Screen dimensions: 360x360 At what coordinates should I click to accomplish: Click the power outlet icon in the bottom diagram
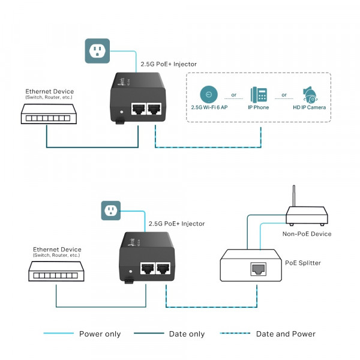[x=110, y=211]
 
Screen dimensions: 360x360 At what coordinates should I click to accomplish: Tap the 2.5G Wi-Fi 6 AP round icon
[x=208, y=94]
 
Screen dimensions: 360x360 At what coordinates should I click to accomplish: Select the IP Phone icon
[x=259, y=94]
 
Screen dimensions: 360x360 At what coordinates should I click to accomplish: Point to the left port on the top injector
[x=139, y=109]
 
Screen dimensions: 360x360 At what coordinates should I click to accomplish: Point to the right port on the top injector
[x=155, y=109]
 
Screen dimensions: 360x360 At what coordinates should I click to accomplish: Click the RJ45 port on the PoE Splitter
[x=258, y=269]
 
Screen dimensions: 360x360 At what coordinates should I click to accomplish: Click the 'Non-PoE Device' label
[x=307, y=233]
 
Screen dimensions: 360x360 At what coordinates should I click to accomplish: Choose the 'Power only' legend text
[x=100, y=334]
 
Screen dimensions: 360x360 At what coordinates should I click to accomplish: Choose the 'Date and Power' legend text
[x=286, y=334]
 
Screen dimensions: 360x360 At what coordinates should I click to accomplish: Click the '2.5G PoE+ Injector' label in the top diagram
[x=168, y=64]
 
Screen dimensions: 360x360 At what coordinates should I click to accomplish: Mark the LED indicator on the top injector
[x=122, y=111]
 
